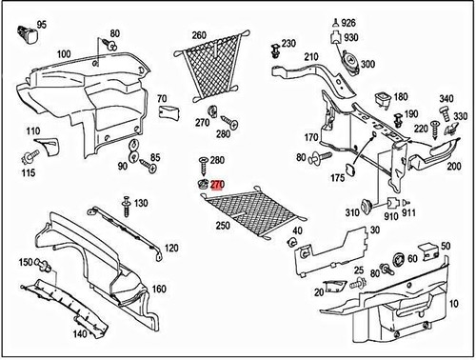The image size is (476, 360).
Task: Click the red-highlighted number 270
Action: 217,185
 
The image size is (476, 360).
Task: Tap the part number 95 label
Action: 41,22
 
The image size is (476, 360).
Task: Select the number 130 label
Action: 141,204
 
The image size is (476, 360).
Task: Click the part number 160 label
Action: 159,289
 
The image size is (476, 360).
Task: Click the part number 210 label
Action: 310,57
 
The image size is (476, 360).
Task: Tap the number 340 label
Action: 446,99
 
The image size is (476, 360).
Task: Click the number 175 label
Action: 337,178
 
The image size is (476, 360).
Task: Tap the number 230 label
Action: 288,43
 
